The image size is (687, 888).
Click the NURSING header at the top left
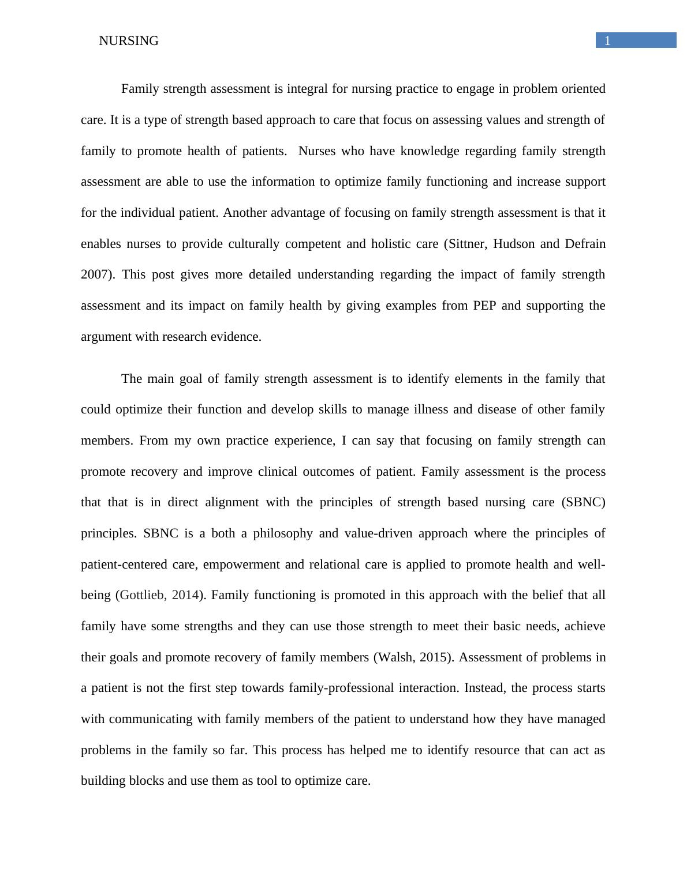coord(129,41)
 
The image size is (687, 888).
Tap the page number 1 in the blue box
coord(607,40)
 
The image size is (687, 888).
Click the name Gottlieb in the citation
coord(142,595)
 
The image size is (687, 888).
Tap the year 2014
coord(185,595)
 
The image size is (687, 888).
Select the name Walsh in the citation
coord(395,657)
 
